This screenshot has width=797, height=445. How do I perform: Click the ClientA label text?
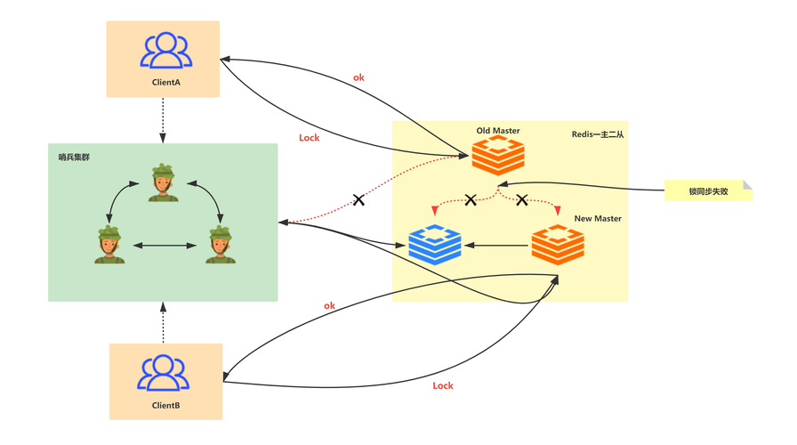pos(165,82)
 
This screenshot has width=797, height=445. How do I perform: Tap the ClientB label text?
pos(165,405)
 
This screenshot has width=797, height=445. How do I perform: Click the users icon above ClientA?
pos(165,51)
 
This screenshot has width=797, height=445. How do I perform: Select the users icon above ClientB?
pos(163,373)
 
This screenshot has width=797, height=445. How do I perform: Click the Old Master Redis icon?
pos(498,157)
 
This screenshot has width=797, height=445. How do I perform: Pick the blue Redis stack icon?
pos(435,245)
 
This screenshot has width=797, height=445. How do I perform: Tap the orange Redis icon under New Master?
pos(558,245)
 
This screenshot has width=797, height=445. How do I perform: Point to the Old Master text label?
pos(498,131)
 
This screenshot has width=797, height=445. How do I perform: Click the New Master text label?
pos(598,219)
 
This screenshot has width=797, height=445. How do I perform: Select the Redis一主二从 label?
pos(598,134)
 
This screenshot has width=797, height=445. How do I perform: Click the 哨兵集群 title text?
pos(74,158)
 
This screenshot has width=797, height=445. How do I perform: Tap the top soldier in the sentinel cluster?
pos(163,182)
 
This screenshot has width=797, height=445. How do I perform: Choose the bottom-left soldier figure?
pos(109,244)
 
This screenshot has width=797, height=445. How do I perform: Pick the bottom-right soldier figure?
pos(221,244)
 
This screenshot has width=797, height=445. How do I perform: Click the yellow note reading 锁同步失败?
pos(708,190)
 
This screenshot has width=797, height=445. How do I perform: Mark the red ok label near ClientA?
pos(358,77)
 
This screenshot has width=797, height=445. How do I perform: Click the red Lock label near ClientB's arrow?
pos(443,385)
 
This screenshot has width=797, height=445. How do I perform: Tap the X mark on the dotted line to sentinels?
pos(358,200)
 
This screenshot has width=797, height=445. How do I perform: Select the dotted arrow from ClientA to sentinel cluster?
pos(163,120)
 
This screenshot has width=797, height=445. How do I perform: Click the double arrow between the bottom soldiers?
pos(165,246)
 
